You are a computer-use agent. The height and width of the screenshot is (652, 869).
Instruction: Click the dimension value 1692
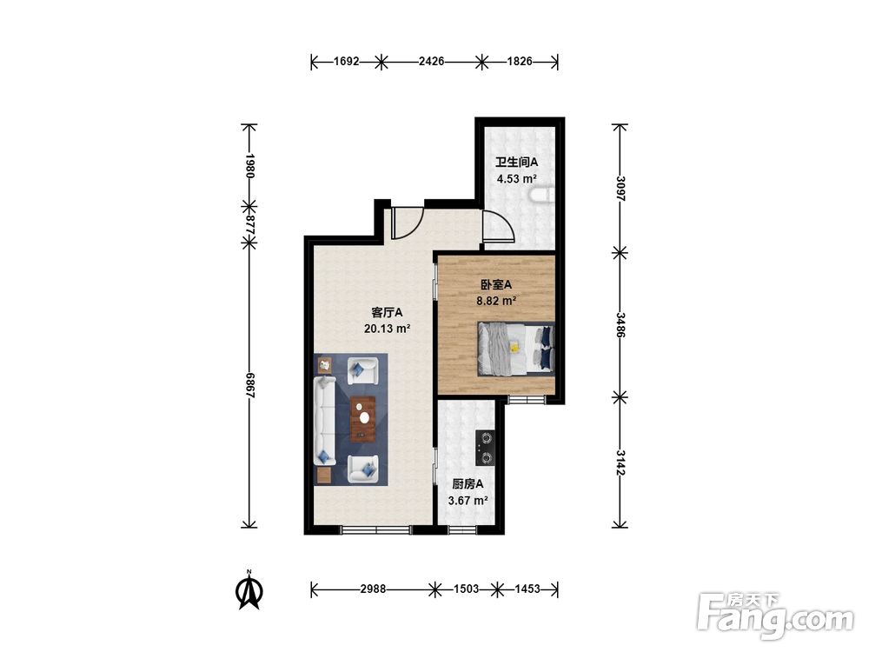click(x=347, y=62)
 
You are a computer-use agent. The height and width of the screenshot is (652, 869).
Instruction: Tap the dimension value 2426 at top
click(x=431, y=62)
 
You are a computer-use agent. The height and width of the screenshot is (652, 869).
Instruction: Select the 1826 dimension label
click(x=520, y=62)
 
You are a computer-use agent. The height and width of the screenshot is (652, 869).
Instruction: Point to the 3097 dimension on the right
click(x=621, y=189)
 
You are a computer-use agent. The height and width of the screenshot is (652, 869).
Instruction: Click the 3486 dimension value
click(x=621, y=325)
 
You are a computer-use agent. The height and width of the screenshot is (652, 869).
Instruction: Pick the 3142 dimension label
click(x=621, y=463)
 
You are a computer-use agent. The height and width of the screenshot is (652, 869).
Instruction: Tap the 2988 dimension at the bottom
click(x=373, y=589)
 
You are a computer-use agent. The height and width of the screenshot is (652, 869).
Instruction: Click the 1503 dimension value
click(x=466, y=589)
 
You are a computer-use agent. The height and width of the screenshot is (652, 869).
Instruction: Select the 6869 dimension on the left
click(x=249, y=385)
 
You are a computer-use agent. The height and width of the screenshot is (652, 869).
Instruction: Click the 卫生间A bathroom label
click(x=516, y=163)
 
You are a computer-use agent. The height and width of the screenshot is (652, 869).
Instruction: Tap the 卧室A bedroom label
click(x=496, y=285)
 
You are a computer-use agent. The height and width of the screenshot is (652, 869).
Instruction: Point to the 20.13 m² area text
click(x=387, y=329)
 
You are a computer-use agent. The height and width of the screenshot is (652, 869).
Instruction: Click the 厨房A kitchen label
click(x=468, y=484)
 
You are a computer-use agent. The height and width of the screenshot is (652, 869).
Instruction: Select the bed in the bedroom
click(x=516, y=349)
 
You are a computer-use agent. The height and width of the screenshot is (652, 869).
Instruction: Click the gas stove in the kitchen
click(x=486, y=448)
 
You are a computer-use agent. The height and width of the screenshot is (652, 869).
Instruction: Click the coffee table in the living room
click(x=362, y=419)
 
